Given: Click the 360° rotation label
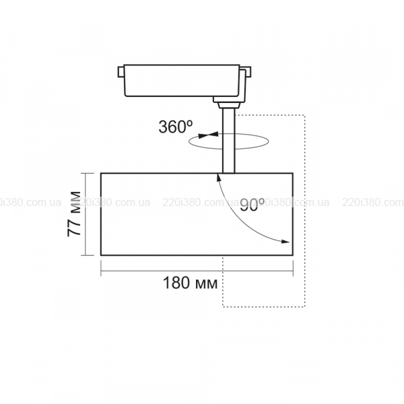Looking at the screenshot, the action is [x=175, y=127].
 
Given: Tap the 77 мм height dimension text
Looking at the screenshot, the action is [x=74, y=214].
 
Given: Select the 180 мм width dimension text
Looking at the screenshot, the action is [x=190, y=283].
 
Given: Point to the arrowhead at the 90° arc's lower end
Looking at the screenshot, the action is [x=285, y=242].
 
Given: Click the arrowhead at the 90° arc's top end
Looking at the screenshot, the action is [x=219, y=178].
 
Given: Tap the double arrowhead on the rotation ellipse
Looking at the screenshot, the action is [x=208, y=135].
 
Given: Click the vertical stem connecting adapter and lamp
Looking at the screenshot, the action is [x=228, y=141].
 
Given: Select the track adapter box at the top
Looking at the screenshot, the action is [x=182, y=81].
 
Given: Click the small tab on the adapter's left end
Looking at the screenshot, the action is [x=121, y=72].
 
